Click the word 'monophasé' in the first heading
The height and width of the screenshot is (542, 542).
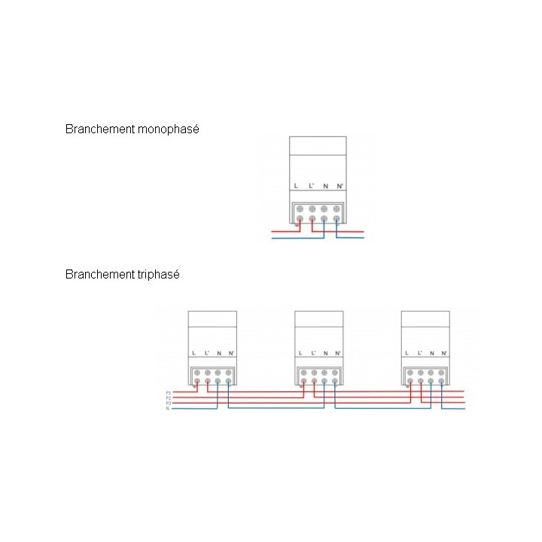tap(169, 129)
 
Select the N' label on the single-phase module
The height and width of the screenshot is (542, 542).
tap(340, 186)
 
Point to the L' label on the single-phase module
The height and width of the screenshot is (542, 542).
tap(312, 186)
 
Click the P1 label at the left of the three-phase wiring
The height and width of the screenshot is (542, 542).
tap(169, 393)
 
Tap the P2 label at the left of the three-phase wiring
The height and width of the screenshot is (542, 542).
tap(169, 397)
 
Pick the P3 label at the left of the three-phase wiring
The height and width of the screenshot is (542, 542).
tap(169, 403)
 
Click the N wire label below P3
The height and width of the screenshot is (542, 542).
tap(168, 408)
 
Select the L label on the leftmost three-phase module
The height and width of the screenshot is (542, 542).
tap(196, 353)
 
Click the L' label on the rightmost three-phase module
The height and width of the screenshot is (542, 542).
tap(419, 353)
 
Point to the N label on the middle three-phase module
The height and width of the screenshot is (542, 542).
tap(324, 353)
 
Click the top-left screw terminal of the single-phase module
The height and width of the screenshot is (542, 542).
tap(300, 208)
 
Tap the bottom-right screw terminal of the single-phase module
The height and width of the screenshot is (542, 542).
tap(336, 219)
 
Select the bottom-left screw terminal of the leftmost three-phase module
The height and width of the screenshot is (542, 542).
tap(196, 381)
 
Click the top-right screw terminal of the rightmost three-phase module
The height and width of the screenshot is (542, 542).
tap(441, 371)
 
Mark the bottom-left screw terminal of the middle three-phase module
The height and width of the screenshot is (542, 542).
tap(303, 381)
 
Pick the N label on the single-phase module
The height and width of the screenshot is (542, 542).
tap(325, 186)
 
